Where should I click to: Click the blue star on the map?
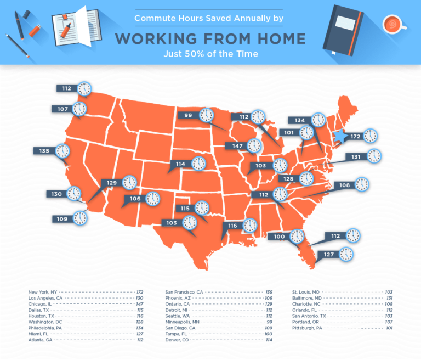point(341,136)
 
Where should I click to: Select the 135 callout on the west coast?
point(44,150)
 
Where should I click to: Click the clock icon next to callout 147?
point(254,145)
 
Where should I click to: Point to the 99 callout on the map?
point(189,115)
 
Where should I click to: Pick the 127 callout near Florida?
point(328,255)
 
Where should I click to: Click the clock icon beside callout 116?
point(250,225)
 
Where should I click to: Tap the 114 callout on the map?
point(180,164)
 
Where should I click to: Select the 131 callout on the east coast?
point(356,157)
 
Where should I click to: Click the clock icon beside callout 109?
point(81,218)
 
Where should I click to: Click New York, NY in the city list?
point(43,292)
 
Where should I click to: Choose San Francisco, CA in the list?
point(184,292)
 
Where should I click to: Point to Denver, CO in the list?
point(177,340)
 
